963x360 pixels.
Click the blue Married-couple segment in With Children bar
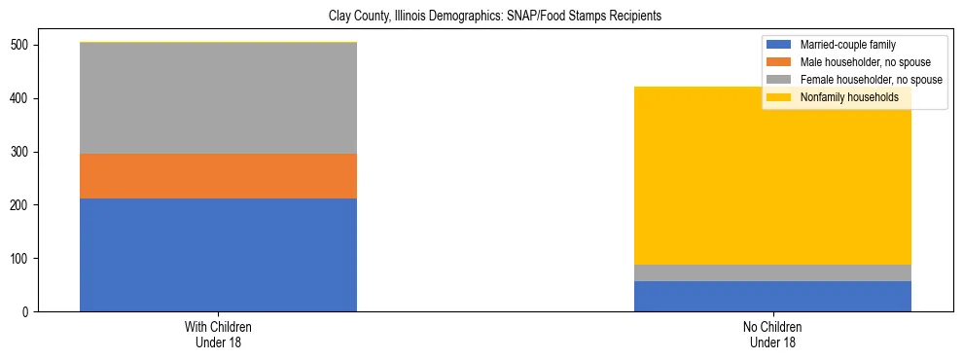(218, 255)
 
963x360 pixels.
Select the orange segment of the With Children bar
(218, 176)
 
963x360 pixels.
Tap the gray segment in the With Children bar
(218, 98)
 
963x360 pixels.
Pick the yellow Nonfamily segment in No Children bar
(772, 175)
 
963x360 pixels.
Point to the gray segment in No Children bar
(772, 272)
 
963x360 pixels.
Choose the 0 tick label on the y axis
(28, 312)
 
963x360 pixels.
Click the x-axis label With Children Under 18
(218, 334)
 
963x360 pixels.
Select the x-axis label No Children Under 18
(772, 334)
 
